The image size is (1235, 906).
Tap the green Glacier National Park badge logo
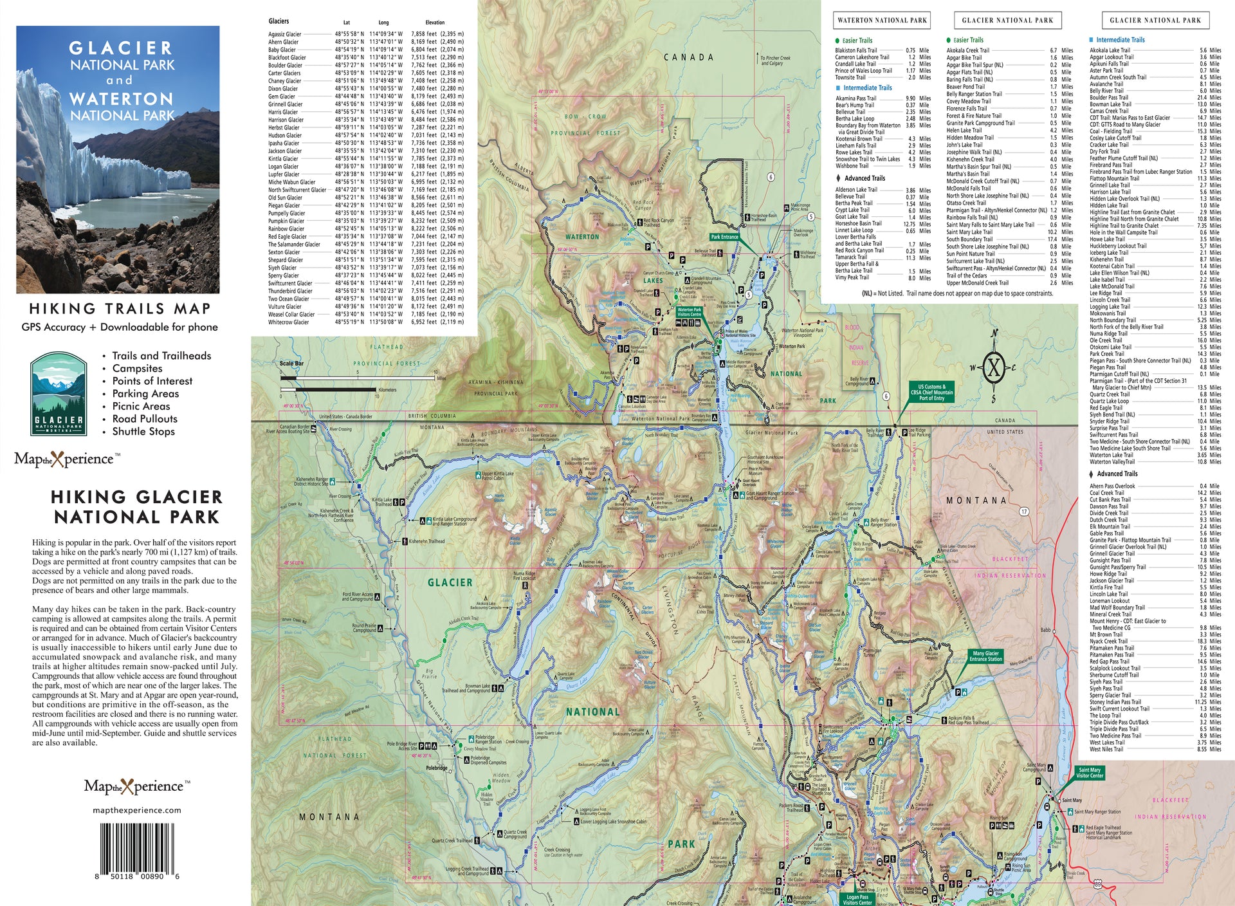pos(59,394)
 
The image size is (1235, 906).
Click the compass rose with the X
pos(994,368)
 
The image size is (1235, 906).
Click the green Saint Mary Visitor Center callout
pos(1089,773)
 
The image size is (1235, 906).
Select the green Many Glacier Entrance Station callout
pos(985,656)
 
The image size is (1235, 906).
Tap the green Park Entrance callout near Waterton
pos(724,237)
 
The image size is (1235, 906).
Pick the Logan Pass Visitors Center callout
pos(857,899)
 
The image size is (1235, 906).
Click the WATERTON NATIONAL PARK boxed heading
pos(882,20)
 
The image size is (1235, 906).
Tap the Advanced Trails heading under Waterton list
pos(864,178)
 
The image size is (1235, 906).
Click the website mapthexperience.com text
pos(137,810)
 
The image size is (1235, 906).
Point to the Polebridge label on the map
pos(437,768)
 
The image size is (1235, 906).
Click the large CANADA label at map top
pos(688,57)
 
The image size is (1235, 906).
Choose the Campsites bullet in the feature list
pos(137,368)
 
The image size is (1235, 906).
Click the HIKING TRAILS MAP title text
pos(120,309)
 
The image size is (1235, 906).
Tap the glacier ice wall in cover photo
pos(77,148)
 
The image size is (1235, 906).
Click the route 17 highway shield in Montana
pos(1023,512)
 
